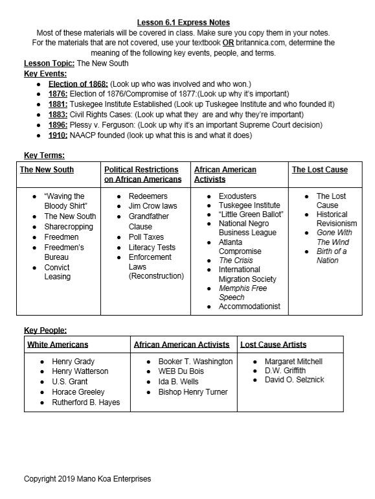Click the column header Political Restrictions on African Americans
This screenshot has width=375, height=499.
tap(143, 174)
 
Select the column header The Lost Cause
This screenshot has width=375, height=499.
tap(319, 170)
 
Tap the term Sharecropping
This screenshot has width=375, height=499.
tap(68, 227)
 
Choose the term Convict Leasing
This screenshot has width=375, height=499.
tap(57, 272)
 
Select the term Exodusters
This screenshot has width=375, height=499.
tap(237, 196)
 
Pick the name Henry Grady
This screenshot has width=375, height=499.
tap(73, 361)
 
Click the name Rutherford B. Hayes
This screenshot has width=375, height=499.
tap(85, 402)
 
